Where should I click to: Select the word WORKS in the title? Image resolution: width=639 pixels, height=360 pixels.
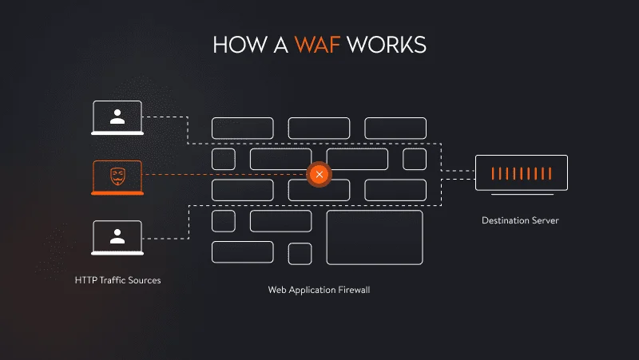pos(387,44)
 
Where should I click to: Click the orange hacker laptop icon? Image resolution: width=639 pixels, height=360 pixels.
pos(117,177)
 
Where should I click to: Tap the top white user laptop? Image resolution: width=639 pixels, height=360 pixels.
pos(117,118)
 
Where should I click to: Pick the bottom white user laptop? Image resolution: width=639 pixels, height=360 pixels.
pos(117,237)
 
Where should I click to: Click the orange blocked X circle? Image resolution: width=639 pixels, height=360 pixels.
pos(319,174)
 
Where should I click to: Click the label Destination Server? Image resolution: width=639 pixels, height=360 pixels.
pos(520,220)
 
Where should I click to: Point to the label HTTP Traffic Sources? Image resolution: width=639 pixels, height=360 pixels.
pos(117,280)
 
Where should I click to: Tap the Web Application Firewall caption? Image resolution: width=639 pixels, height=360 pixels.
pos(319,290)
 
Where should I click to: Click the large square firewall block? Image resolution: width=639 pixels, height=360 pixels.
pos(374,237)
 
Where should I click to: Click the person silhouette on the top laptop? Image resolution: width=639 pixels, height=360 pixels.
pos(117,117)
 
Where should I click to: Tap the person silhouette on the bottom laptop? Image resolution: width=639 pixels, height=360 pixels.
pos(117,235)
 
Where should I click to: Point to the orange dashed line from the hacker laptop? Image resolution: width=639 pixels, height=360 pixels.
pos(224,174)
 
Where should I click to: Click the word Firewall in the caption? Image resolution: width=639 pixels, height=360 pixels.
pos(352,290)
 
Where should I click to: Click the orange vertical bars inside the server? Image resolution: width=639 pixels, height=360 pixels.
pos(521,172)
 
